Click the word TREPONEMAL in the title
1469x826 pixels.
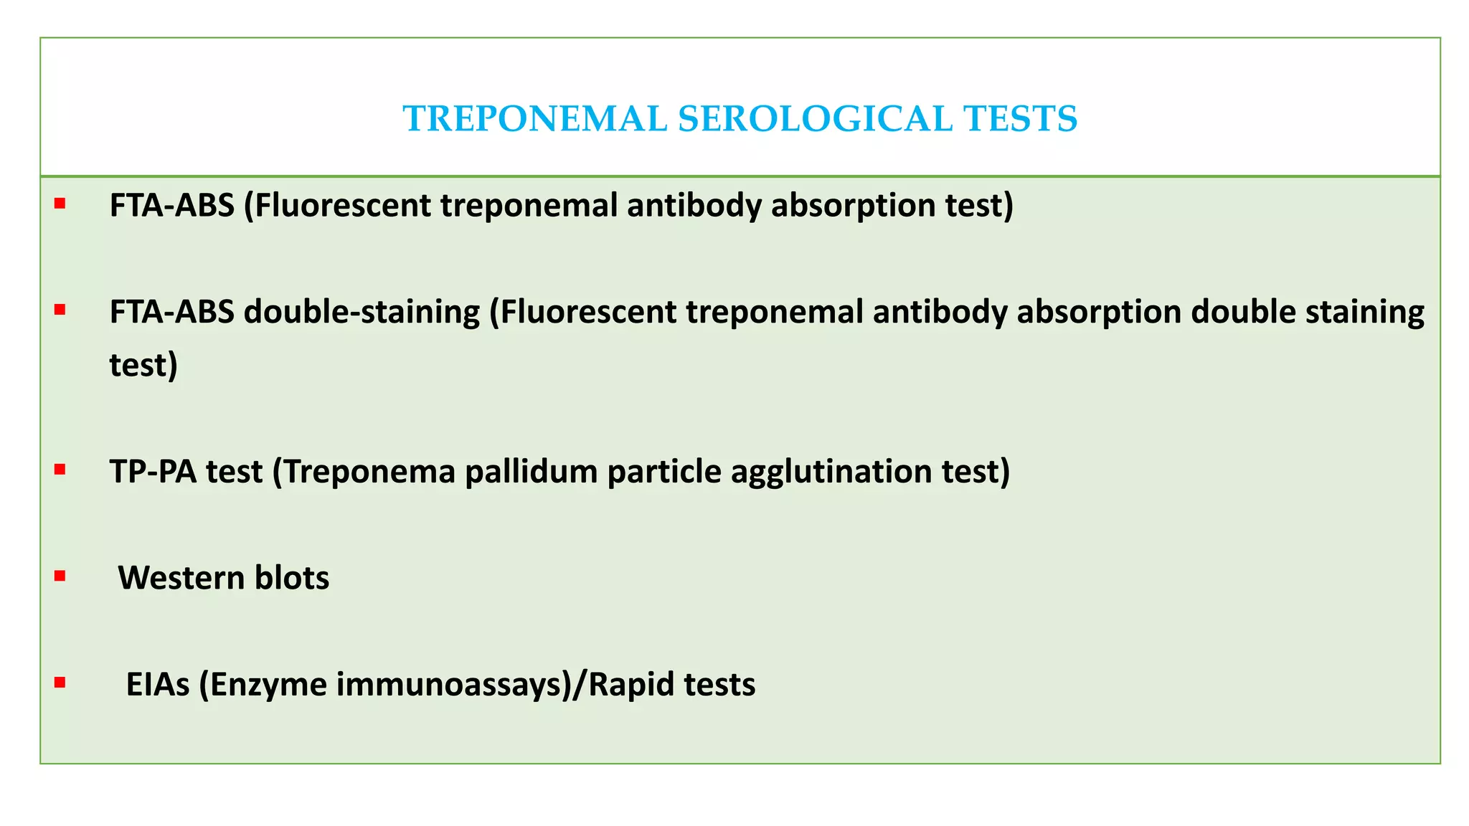[534, 119]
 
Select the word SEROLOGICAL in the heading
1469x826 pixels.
[815, 119]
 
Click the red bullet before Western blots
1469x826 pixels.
[60, 576]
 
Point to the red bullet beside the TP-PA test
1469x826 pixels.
[60, 470]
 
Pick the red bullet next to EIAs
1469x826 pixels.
[60, 682]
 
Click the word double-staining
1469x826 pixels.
[362, 312]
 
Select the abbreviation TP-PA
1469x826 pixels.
[153, 472]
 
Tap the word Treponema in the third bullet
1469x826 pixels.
[369, 472]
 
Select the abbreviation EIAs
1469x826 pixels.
[158, 684]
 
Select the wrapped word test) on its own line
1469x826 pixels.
[143, 365]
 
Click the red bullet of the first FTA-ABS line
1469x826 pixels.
[60, 204]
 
